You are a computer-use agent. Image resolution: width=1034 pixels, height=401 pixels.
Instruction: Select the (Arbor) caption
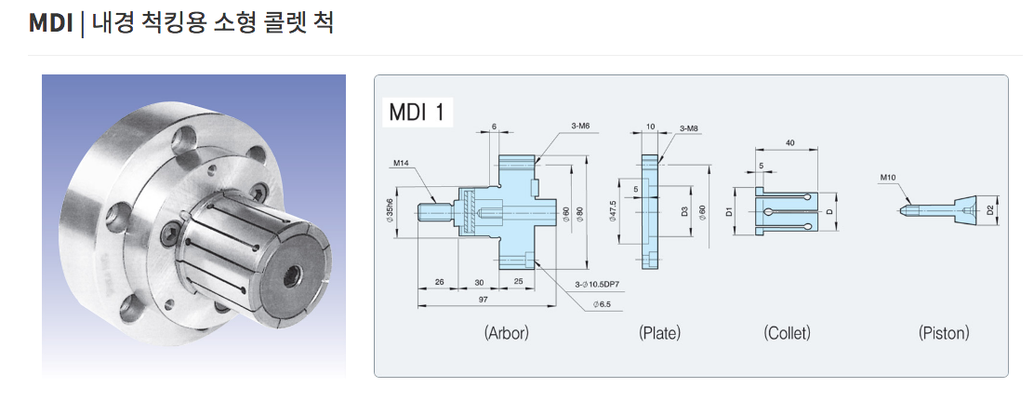[507, 332]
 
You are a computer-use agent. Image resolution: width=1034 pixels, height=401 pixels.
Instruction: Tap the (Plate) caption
[659, 332]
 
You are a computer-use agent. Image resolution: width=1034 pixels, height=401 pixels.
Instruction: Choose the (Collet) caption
[787, 332]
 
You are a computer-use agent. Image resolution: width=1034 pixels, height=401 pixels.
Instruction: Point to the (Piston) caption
[943, 332]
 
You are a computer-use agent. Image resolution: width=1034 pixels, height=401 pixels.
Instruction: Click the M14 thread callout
[401, 164]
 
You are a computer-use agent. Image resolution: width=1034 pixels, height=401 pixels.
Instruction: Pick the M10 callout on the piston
[888, 177]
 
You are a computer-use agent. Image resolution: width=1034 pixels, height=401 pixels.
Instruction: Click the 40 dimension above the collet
[789, 142]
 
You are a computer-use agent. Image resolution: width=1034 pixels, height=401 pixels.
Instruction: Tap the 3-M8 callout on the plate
[689, 127]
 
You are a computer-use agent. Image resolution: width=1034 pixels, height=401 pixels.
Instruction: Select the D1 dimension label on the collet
[729, 212]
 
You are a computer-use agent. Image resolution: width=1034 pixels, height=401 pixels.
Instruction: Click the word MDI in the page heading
[50, 22]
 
